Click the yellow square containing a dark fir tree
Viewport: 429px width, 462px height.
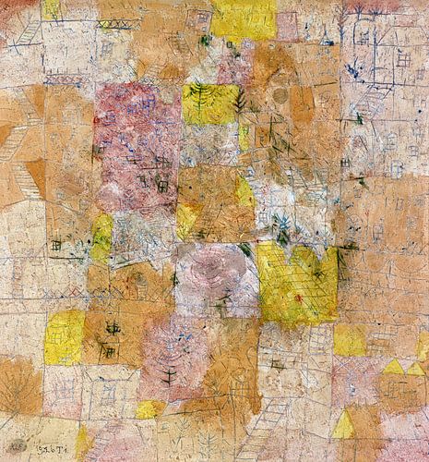[209, 103]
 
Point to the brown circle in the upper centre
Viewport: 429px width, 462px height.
[280, 95]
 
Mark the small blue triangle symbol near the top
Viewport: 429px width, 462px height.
[326, 40]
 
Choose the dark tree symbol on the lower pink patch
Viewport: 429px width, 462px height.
[168, 376]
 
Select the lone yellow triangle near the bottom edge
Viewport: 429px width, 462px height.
[343, 427]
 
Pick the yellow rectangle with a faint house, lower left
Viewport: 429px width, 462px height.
[65, 337]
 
